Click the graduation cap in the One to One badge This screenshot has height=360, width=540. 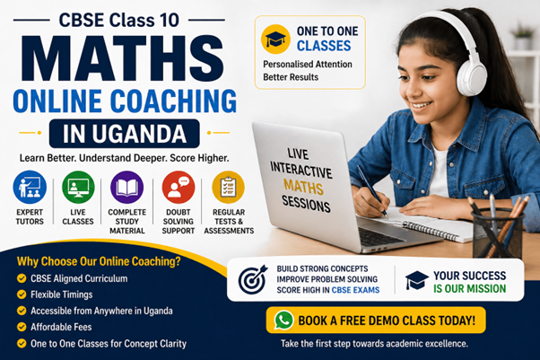click(x=275, y=39)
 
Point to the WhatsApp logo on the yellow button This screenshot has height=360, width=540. click(x=284, y=320)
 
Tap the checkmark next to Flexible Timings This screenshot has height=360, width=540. click(x=22, y=294)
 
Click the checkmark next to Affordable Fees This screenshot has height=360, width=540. click(x=22, y=327)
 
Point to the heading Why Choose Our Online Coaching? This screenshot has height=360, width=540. click(x=99, y=262)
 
